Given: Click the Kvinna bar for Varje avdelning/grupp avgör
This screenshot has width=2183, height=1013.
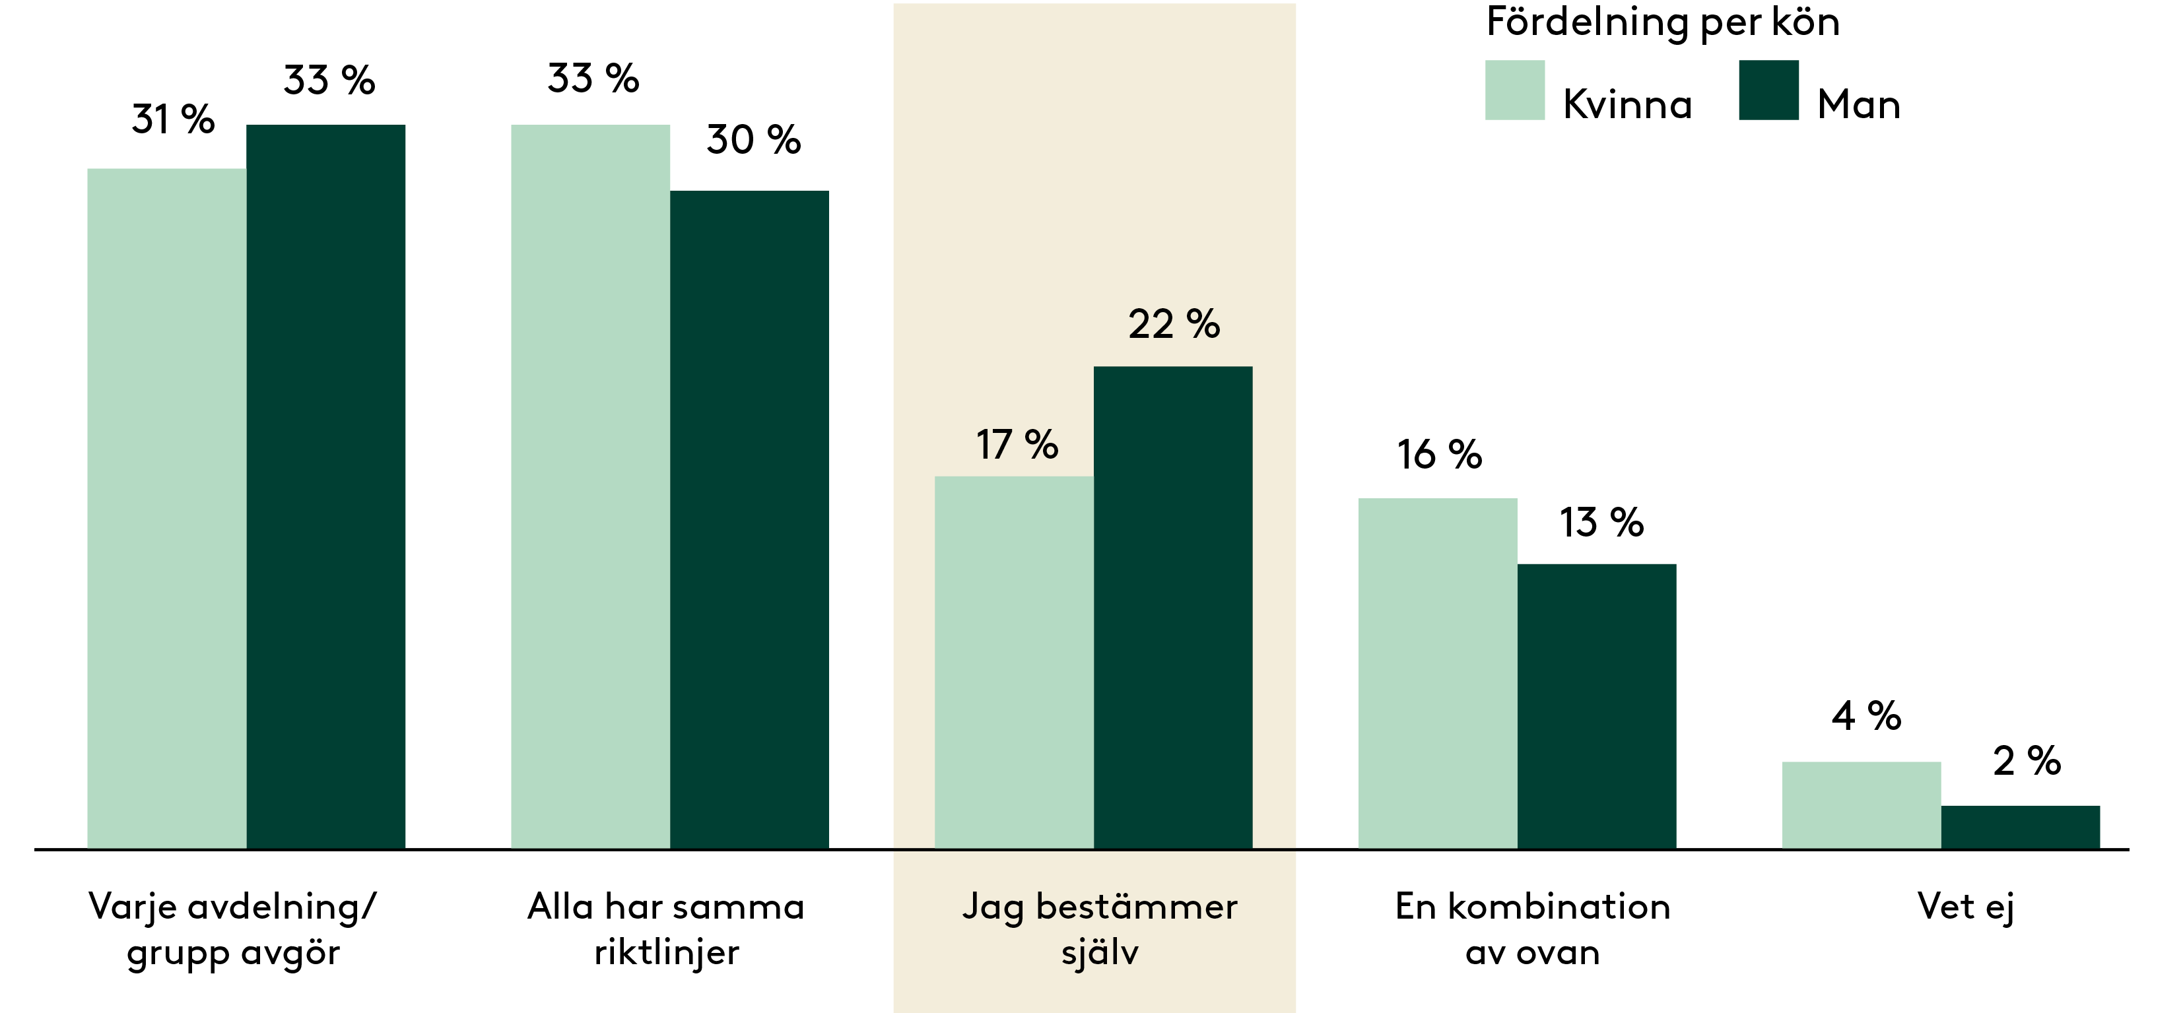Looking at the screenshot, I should [167, 508].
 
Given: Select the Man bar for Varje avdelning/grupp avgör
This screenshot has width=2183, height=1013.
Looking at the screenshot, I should [326, 487].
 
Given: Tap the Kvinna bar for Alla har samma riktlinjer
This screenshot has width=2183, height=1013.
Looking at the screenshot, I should [591, 487].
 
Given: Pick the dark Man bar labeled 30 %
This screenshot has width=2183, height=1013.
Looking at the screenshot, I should [750, 519].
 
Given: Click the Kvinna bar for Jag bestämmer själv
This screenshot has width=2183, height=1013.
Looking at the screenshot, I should [1015, 663].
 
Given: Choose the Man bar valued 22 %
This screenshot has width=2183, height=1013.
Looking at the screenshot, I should [1173, 607].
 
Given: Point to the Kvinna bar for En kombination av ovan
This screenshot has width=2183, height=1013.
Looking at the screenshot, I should [1438, 673].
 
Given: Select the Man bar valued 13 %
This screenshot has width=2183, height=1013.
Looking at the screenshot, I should [1597, 705].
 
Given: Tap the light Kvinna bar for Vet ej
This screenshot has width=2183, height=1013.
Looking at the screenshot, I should [1862, 804].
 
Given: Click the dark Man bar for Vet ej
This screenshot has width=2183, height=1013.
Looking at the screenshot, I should [2021, 827].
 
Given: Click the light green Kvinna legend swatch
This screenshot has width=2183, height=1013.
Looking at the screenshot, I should [1515, 90].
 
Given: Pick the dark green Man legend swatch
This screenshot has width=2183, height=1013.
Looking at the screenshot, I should [1768, 90].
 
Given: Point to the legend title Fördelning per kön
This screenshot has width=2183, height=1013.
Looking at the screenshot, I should [1663, 22].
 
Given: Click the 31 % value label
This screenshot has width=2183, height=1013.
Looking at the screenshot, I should [173, 119].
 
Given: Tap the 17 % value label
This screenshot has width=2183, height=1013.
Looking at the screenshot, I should [1017, 445].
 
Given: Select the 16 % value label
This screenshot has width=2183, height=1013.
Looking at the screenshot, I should [1440, 455].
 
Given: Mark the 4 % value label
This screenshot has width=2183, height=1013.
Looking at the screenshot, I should [1866, 717].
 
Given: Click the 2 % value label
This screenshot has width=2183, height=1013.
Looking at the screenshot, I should [2027, 761].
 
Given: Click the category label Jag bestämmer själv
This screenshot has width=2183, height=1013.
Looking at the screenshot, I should [1100, 929].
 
